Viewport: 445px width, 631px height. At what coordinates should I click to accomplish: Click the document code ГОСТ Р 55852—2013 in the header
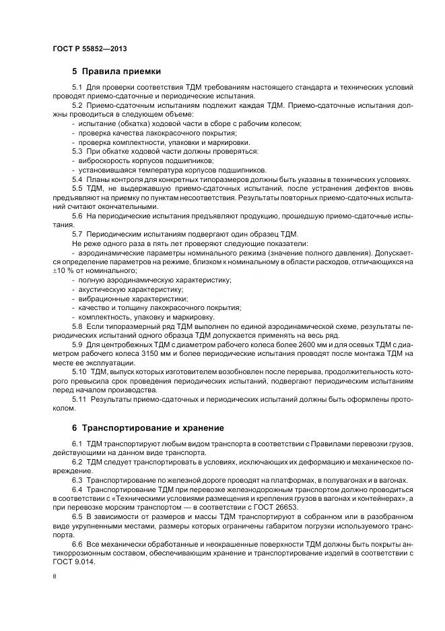point(90,49)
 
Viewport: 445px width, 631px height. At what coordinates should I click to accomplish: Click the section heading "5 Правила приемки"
point(116,71)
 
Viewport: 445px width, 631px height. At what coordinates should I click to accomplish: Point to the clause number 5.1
point(77,88)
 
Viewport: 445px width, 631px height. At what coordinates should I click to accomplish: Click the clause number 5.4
point(77,179)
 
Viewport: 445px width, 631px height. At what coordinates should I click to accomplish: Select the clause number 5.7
point(77,233)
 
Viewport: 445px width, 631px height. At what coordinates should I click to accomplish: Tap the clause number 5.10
point(79,371)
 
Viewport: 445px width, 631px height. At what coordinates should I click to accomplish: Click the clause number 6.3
point(77,479)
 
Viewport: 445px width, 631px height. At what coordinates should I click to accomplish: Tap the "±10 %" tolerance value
point(64,270)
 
